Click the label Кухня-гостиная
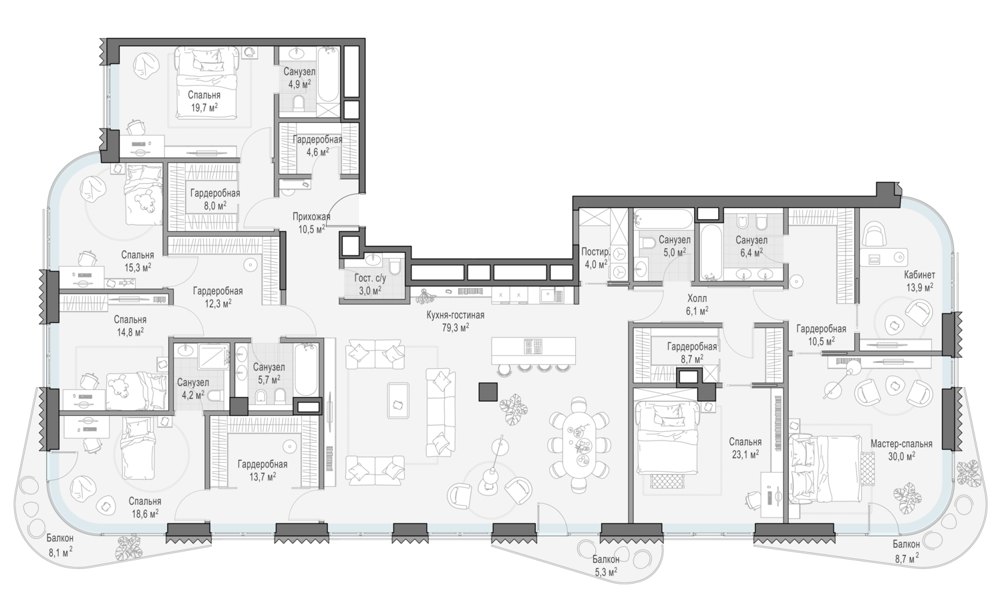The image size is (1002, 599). tap(456, 315)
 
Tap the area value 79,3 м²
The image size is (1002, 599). tap(456, 328)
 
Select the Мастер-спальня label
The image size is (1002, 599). tap(901, 444)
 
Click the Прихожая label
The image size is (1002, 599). tap(311, 217)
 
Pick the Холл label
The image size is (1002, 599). tap(697, 298)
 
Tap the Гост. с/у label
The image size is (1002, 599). tap(370, 278)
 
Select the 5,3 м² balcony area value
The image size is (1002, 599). tap(606, 571)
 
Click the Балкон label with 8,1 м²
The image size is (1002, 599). tap(60, 538)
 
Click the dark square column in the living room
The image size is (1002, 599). tap(488, 391)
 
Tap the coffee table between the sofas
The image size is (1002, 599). tap(398, 400)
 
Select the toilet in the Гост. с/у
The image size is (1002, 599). tap(395, 267)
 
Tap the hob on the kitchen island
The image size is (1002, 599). tap(534, 346)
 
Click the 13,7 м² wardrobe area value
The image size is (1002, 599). tap(263, 477)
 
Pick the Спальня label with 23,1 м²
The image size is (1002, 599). tap(745, 442)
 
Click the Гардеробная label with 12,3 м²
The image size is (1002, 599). tap(218, 291)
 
